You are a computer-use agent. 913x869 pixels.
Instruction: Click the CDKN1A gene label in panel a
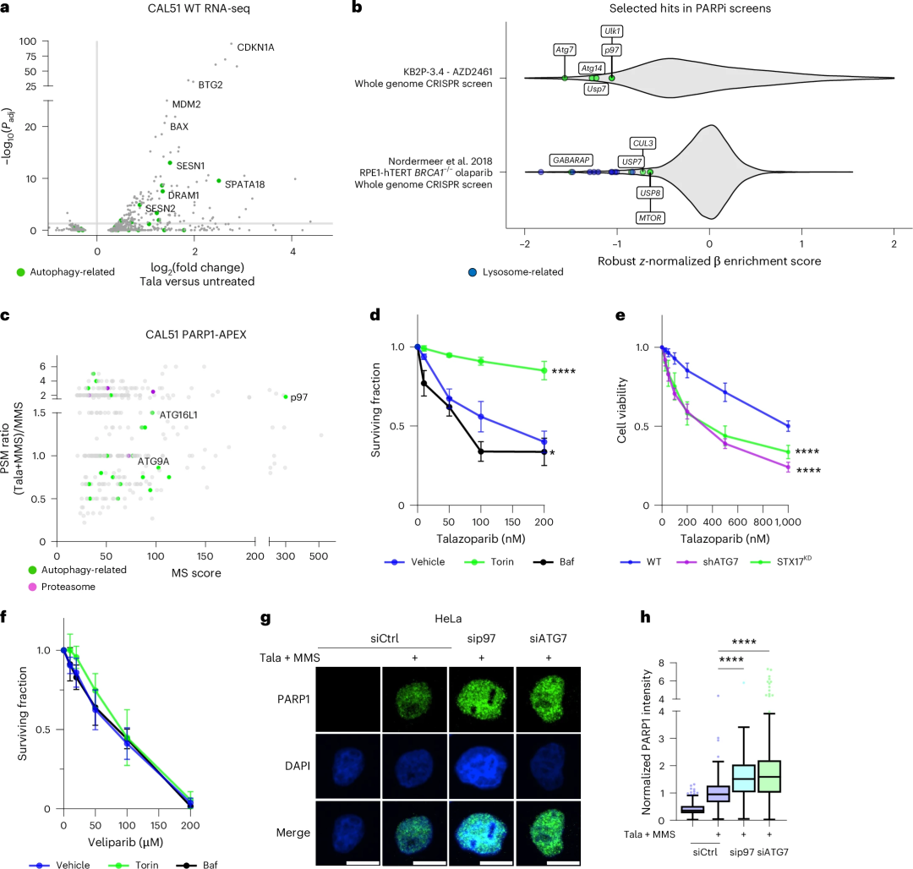255,47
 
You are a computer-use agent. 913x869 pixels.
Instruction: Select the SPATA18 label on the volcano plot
244,184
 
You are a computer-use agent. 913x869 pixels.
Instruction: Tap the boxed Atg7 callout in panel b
564,50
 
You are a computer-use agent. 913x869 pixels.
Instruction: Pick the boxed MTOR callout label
650,218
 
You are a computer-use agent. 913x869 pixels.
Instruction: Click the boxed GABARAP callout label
571,160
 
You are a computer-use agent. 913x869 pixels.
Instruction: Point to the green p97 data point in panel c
286,397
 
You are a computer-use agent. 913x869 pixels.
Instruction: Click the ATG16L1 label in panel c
178,415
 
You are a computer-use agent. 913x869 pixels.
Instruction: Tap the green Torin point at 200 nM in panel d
544,370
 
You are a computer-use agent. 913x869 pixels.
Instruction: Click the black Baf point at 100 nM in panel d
481,451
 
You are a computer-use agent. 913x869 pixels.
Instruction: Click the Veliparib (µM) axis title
125,842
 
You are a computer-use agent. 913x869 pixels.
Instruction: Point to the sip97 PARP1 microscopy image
482,699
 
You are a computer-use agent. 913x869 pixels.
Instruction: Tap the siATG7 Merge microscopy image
549,833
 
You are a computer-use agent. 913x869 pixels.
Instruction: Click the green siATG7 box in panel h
770,776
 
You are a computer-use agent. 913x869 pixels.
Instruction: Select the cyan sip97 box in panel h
744,779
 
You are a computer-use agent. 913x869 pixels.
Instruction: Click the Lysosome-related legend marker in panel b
473,272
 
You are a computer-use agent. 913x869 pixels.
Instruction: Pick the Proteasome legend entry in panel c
62,587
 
